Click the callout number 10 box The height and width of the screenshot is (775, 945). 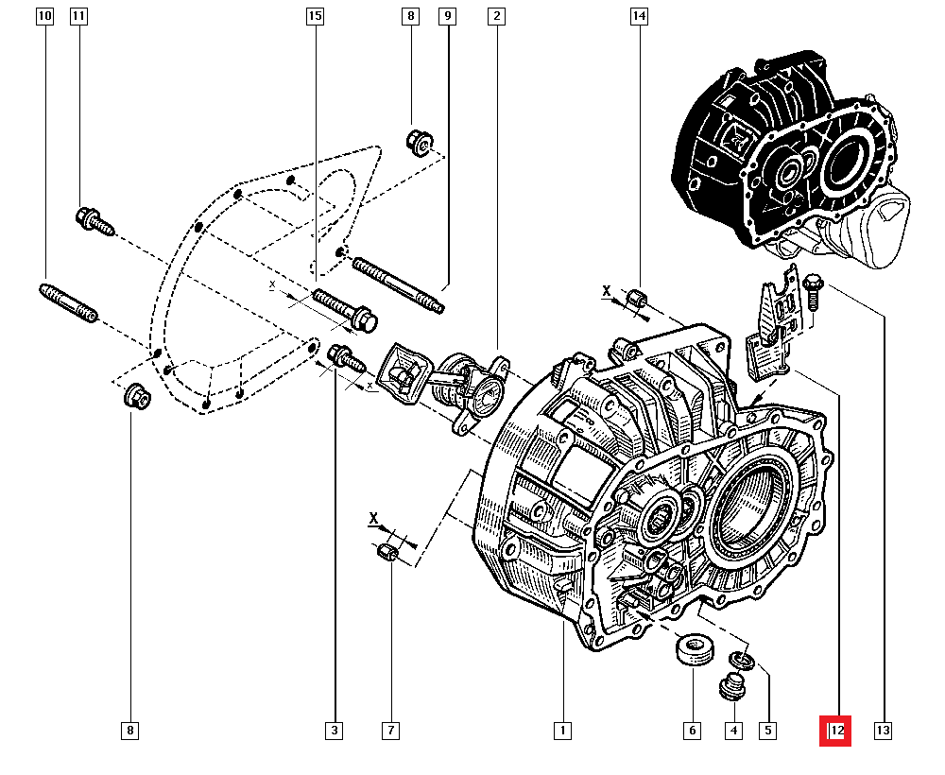point(45,16)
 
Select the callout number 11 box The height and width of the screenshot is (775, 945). point(78,16)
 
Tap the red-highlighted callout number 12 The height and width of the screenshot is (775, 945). point(835,731)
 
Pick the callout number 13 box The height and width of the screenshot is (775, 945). point(884,731)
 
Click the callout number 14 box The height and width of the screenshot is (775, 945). point(640,16)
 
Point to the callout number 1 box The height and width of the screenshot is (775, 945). point(562,731)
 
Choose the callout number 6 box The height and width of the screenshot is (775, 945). point(693,731)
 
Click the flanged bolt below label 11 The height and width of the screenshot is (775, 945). point(94,221)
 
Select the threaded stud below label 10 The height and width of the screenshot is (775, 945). point(68,302)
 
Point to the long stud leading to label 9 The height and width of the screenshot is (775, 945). point(397,284)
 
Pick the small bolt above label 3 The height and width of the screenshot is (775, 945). point(345,359)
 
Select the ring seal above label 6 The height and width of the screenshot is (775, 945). point(693,651)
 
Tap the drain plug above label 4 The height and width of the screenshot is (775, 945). point(730,689)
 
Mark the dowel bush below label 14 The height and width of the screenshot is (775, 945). point(640,300)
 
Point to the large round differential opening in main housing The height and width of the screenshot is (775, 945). point(754,508)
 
